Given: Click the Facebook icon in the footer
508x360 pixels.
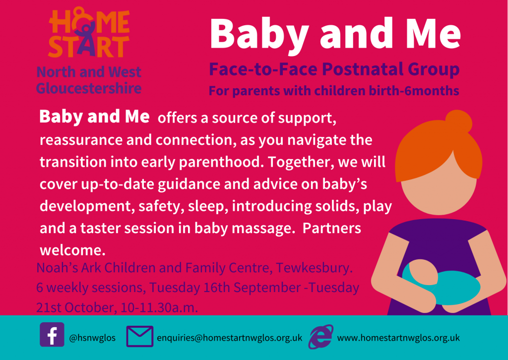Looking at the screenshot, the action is (52, 334).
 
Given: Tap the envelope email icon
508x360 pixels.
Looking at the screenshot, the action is (139, 336).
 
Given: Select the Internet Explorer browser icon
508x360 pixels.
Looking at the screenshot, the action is (320, 337).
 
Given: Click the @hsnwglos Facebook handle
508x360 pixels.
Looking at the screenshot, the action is (92, 338).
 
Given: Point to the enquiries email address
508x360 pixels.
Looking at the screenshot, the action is (229, 338).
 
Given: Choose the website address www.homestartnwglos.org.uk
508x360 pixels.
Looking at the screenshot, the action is (398, 338).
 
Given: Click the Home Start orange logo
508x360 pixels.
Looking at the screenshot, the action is (89, 32).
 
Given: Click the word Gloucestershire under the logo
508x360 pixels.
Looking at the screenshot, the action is (88, 88).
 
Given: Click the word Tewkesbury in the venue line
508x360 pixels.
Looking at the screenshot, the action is (314, 268).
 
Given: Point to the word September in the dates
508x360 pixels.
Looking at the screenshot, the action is (268, 288).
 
